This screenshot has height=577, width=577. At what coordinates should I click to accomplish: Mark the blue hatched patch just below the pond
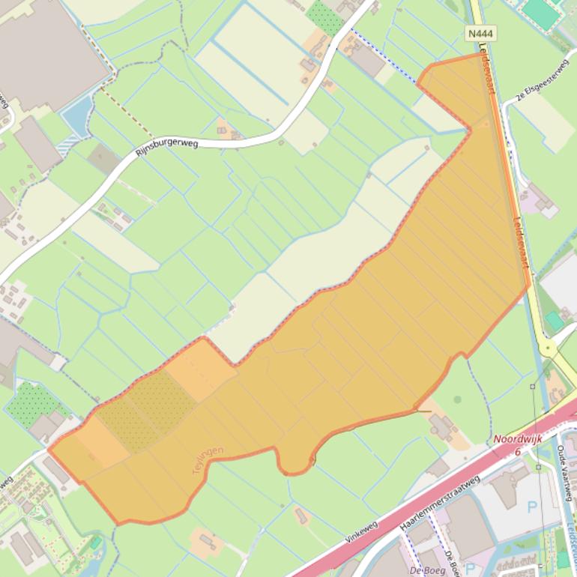click(x=67, y=145)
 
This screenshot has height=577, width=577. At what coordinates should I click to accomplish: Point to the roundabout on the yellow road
click(x=549, y=347)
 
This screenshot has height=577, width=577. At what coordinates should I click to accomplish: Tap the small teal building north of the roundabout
click(x=554, y=321)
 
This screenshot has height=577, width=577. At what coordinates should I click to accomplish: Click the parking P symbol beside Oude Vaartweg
click(x=533, y=507)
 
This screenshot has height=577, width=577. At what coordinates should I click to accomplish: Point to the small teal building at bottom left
click(x=95, y=541)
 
